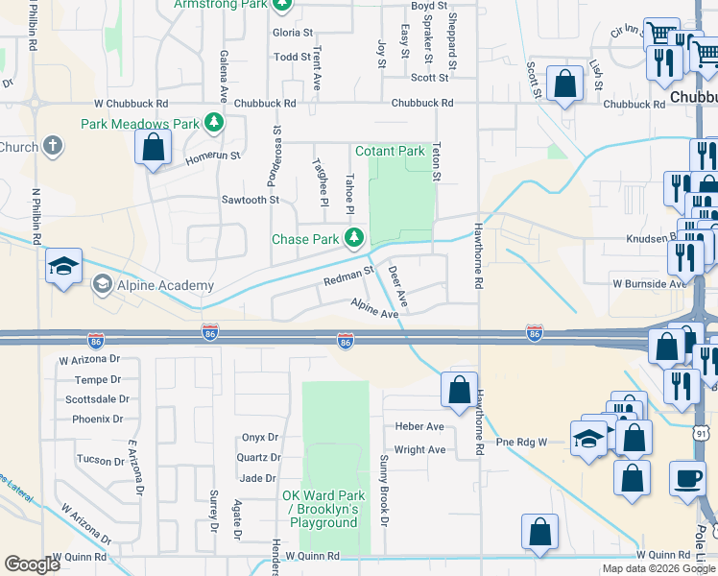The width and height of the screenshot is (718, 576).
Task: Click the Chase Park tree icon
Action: (355, 236)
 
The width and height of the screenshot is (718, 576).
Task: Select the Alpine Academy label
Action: (153, 285)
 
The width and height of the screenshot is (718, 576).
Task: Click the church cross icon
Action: (53, 147)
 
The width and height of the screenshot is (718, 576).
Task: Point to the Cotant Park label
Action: (390, 152)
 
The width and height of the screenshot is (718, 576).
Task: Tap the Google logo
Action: (32, 564)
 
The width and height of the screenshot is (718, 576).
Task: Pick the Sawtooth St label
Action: (250, 200)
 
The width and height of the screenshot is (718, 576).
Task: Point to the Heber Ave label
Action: (419, 426)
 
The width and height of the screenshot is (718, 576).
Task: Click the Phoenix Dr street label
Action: (98, 419)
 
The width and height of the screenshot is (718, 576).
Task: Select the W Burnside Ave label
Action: (651, 284)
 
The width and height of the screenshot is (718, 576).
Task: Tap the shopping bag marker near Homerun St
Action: (152, 148)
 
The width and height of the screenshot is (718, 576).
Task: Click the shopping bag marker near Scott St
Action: (564, 83)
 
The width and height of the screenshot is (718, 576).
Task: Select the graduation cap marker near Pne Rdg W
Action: (587, 438)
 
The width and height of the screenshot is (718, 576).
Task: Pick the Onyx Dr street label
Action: (259, 437)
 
